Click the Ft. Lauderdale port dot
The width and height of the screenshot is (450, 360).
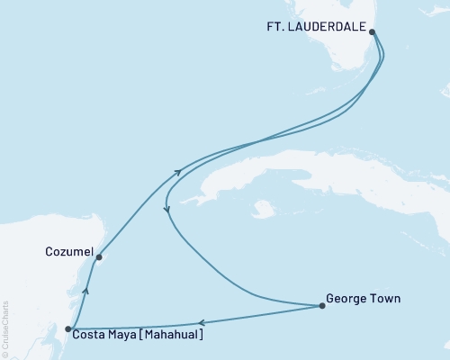point(373,31)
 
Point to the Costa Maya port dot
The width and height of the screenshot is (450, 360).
point(69,329)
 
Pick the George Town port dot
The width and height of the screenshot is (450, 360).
point(322,307)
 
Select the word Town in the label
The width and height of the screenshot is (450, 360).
point(386,298)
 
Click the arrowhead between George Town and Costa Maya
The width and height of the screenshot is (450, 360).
point(202,322)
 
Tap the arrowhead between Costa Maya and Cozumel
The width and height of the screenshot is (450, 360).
point(85,290)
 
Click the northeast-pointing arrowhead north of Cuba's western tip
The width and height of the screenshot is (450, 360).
point(177,172)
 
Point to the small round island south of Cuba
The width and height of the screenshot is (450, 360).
point(263,210)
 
